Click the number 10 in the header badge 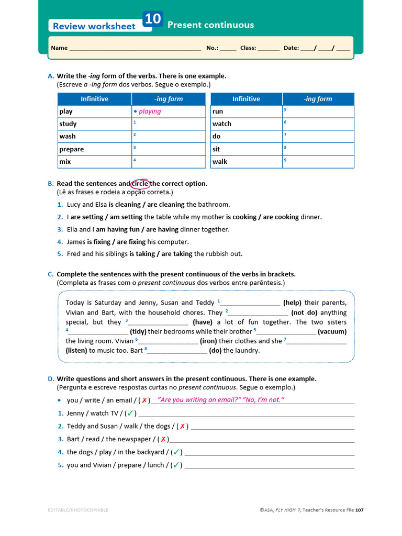pos(153,19)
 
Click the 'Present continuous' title pos(210,25)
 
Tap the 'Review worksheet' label pos(94,26)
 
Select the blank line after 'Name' pos(135,48)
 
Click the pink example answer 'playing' pos(150,111)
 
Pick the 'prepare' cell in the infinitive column pos(72,149)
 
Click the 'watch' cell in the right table pos(222,124)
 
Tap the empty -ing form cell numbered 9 pos(318,162)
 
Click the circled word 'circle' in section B pos(140,184)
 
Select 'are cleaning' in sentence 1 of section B pos(166,205)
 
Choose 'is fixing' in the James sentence pos(98,242)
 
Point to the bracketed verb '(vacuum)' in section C pos(332,331)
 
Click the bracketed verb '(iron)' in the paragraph pos(208,341)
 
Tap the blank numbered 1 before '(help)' pos(250,303)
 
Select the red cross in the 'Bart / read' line pos(163,439)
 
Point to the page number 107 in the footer pos(359,510)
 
